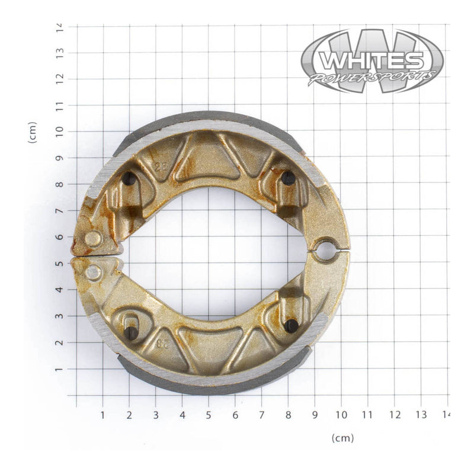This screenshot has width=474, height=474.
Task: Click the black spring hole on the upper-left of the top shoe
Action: [129, 178]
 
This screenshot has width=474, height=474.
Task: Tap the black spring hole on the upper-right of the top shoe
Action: [288, 178]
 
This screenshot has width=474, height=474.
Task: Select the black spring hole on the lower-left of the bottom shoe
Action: [131, 333]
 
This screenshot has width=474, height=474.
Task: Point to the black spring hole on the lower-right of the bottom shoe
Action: [291, 325]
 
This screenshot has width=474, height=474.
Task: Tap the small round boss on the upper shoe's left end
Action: [92, 239]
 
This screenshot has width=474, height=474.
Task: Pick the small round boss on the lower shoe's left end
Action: [93, 273]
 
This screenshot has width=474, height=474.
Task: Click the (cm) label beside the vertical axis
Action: [33, 132]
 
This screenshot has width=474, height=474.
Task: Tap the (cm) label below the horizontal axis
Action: [342, 438]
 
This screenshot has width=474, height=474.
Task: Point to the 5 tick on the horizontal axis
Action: [209, 414]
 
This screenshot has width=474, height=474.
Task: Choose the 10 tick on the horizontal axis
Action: [341, 414]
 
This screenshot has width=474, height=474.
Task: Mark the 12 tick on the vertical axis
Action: [59, 79]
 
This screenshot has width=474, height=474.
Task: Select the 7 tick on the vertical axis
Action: [59, 211]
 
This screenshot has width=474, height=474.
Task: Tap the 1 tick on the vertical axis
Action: [59, 369]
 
